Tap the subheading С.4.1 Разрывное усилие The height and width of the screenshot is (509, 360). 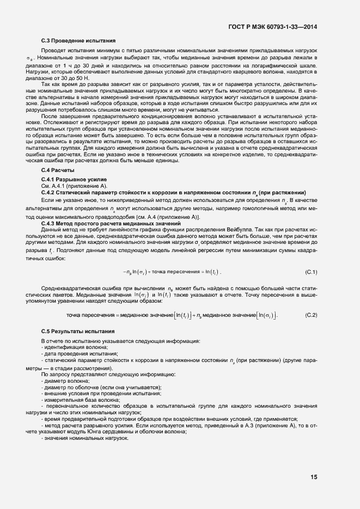coord(74,180)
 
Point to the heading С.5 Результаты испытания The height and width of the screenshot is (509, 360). coord(78,331)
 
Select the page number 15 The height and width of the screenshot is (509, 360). coord(314,477)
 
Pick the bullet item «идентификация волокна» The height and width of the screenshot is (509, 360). coord(76,347)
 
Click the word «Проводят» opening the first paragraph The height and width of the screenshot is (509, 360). coord(53,50)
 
